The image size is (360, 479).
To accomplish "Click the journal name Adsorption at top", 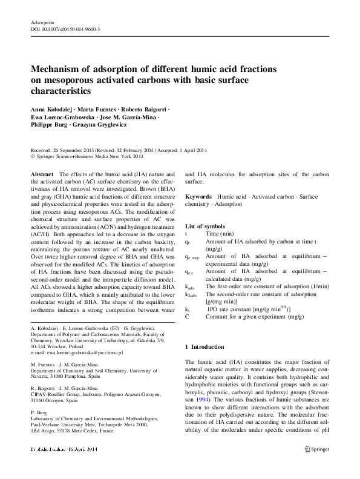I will (42, 22).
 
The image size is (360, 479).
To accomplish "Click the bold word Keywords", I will (198, 197).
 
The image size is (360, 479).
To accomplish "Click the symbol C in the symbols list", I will (187, 316).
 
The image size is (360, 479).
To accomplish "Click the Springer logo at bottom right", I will (316, 466).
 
